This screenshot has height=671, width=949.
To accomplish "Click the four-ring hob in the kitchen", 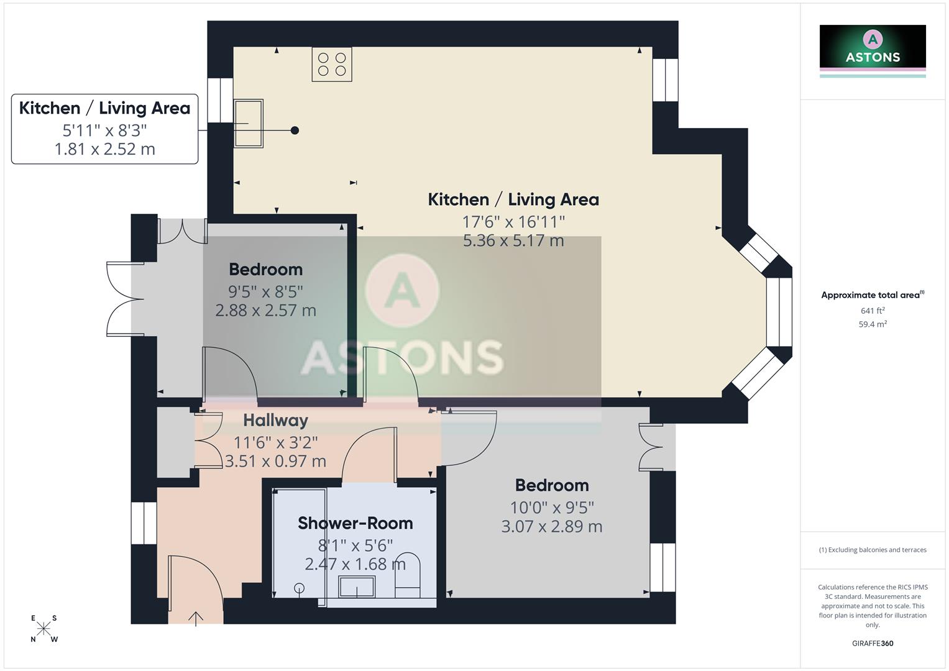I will (x=332, y=64).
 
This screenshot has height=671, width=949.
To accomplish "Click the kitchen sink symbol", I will (x=249, y=123).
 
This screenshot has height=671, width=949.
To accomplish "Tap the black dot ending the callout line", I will (x=295, y=130).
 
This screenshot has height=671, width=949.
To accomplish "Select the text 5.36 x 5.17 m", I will (x=513, y=240).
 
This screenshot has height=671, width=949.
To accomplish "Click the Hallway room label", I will (x=275, y=421).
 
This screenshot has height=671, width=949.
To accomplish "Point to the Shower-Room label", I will (x=355, y=523).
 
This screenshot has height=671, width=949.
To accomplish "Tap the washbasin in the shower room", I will (x=357, y=587).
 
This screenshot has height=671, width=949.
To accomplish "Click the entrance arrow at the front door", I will (x=196, y=618).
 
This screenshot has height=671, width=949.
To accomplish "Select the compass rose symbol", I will (x=44, y=629).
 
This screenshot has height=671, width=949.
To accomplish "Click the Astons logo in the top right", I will (x=873, y=50).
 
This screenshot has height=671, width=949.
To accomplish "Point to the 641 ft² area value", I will (x=873, y=311).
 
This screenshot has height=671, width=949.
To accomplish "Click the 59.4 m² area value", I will (x=873, y=324).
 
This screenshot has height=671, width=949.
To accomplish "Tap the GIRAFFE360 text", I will (x=873, y=643).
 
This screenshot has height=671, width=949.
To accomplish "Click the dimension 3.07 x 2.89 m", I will (x=552, y=526).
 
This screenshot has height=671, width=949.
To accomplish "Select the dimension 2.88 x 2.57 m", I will (x=265, y=310).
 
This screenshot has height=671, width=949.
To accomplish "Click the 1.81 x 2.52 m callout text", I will (x=104, y=149).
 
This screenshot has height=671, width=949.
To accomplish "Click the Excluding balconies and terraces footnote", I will (x=873, y=550).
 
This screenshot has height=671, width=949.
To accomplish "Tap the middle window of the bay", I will (x=779, y=312).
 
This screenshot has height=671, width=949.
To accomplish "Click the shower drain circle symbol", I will (x=300, y=587).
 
